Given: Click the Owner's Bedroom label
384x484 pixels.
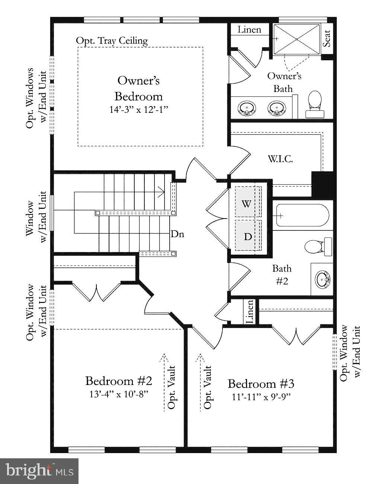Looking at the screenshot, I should pos(138,88).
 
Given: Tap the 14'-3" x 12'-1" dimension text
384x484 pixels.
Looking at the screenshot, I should pos(138,109).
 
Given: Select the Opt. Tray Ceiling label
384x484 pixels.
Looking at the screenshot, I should pos(112,41).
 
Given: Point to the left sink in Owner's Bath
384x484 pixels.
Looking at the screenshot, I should pos(247,108).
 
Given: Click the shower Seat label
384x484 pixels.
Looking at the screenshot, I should pos(327,38).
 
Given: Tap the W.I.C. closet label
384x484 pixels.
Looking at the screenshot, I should pos(280,159).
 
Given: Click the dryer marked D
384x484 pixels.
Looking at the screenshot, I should pos(248,236).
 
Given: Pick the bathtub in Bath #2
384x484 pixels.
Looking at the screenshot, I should pos(303,215).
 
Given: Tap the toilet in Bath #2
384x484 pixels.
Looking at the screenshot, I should pos(317,246).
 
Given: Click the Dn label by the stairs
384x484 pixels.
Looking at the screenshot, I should pos(177,234).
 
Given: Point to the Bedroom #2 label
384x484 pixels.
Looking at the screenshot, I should pos(119,381).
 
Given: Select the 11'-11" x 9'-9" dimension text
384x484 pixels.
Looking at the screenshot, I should pos(261,397).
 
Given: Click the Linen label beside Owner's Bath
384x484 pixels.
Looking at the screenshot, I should pos(249,29).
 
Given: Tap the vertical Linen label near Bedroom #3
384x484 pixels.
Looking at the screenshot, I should pos(249,311).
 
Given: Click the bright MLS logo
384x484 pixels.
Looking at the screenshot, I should pos(39,471).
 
